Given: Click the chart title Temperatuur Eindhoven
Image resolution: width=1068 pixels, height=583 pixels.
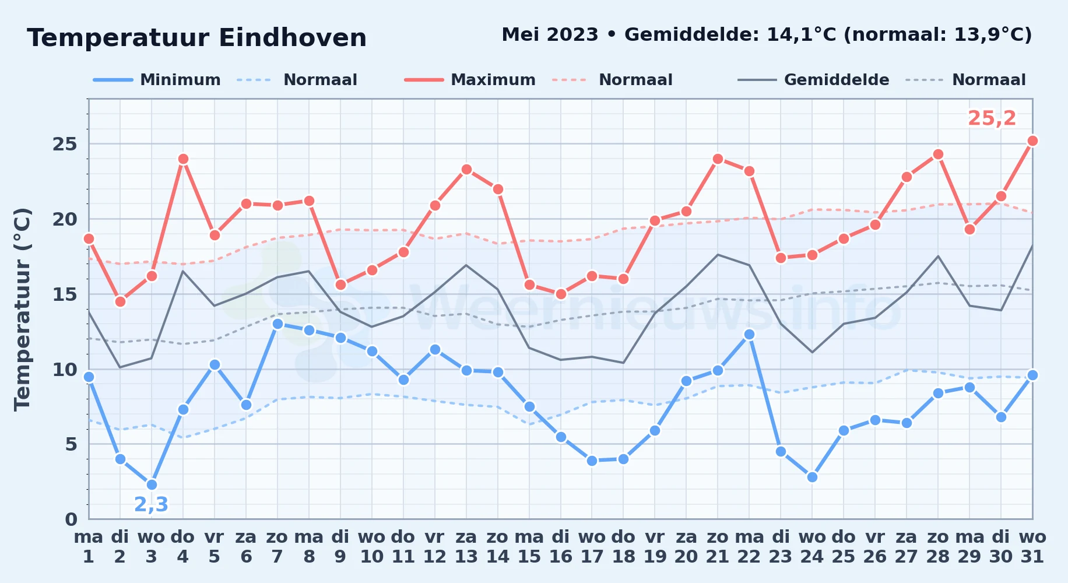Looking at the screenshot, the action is pos(197,38).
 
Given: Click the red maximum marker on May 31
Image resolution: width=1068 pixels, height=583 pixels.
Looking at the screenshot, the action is pos(1032,141).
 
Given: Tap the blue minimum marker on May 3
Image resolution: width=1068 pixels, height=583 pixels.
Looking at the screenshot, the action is pos(152,484).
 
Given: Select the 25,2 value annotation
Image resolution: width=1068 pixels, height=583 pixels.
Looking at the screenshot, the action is pos(992,118).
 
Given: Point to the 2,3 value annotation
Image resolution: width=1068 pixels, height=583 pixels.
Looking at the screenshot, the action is pos(151,504).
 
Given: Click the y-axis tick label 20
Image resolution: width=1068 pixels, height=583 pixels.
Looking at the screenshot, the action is pos(65,219).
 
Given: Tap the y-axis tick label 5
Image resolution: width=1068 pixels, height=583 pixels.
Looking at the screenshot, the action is pos(71,444).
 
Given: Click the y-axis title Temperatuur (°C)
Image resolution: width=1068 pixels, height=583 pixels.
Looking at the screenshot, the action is pos(22,309).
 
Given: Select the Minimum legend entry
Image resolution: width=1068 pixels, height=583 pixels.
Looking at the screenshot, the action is pos(157,80).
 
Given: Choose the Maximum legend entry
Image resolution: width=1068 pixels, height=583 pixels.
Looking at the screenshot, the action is pos(470,80).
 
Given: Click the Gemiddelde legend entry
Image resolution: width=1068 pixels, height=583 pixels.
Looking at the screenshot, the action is pos(813,80).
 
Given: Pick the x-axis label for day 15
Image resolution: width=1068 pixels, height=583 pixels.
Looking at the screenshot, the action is pos(529,546).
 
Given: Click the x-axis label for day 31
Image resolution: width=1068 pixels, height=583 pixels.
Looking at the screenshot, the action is pos(1032,546).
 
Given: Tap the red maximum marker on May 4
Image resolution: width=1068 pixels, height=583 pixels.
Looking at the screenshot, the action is pos(183,159).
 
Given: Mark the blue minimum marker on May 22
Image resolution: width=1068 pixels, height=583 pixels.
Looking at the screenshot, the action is pos(749,334).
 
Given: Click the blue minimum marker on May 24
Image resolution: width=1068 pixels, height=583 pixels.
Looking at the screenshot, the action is pos(812,477).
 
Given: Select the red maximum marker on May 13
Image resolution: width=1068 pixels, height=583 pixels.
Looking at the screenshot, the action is pos(466,169).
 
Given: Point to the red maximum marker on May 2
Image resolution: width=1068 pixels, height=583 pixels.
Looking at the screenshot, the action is pos(120,301).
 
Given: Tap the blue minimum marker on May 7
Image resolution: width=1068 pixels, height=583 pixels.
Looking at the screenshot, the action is pos(277,324).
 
